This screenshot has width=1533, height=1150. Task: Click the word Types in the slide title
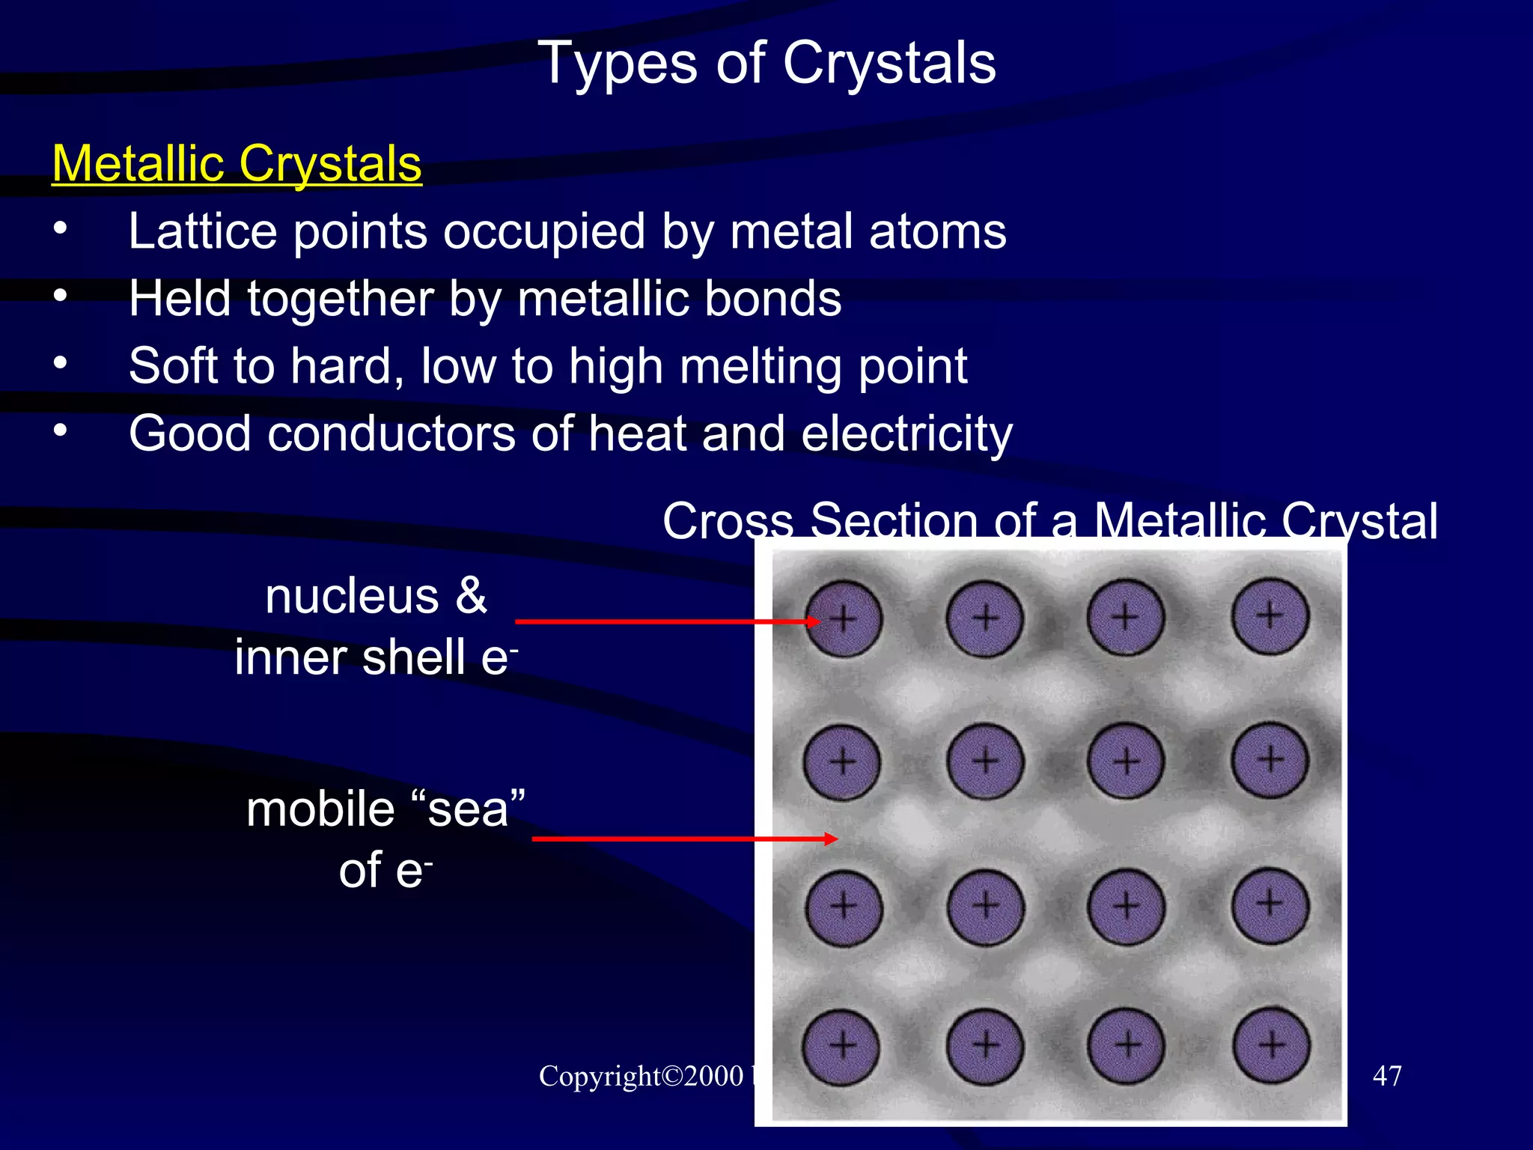click(x=618, y=64)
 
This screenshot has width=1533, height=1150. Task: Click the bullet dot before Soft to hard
click(x=61, y=363)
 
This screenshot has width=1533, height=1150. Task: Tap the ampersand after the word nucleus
click(x=471, y=596)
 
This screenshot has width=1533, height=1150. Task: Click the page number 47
click(x=1387, y=1076)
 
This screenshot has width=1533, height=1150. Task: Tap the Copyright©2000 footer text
click(x=641, y=1076)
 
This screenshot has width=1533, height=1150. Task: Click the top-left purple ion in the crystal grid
click(x=844, y=619)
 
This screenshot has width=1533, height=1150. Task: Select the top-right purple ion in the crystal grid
click(x=1270, y=616)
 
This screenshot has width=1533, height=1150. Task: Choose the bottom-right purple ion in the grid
click(x=1271, y=1045)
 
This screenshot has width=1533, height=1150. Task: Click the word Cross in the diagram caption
click(x=728, y=521)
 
